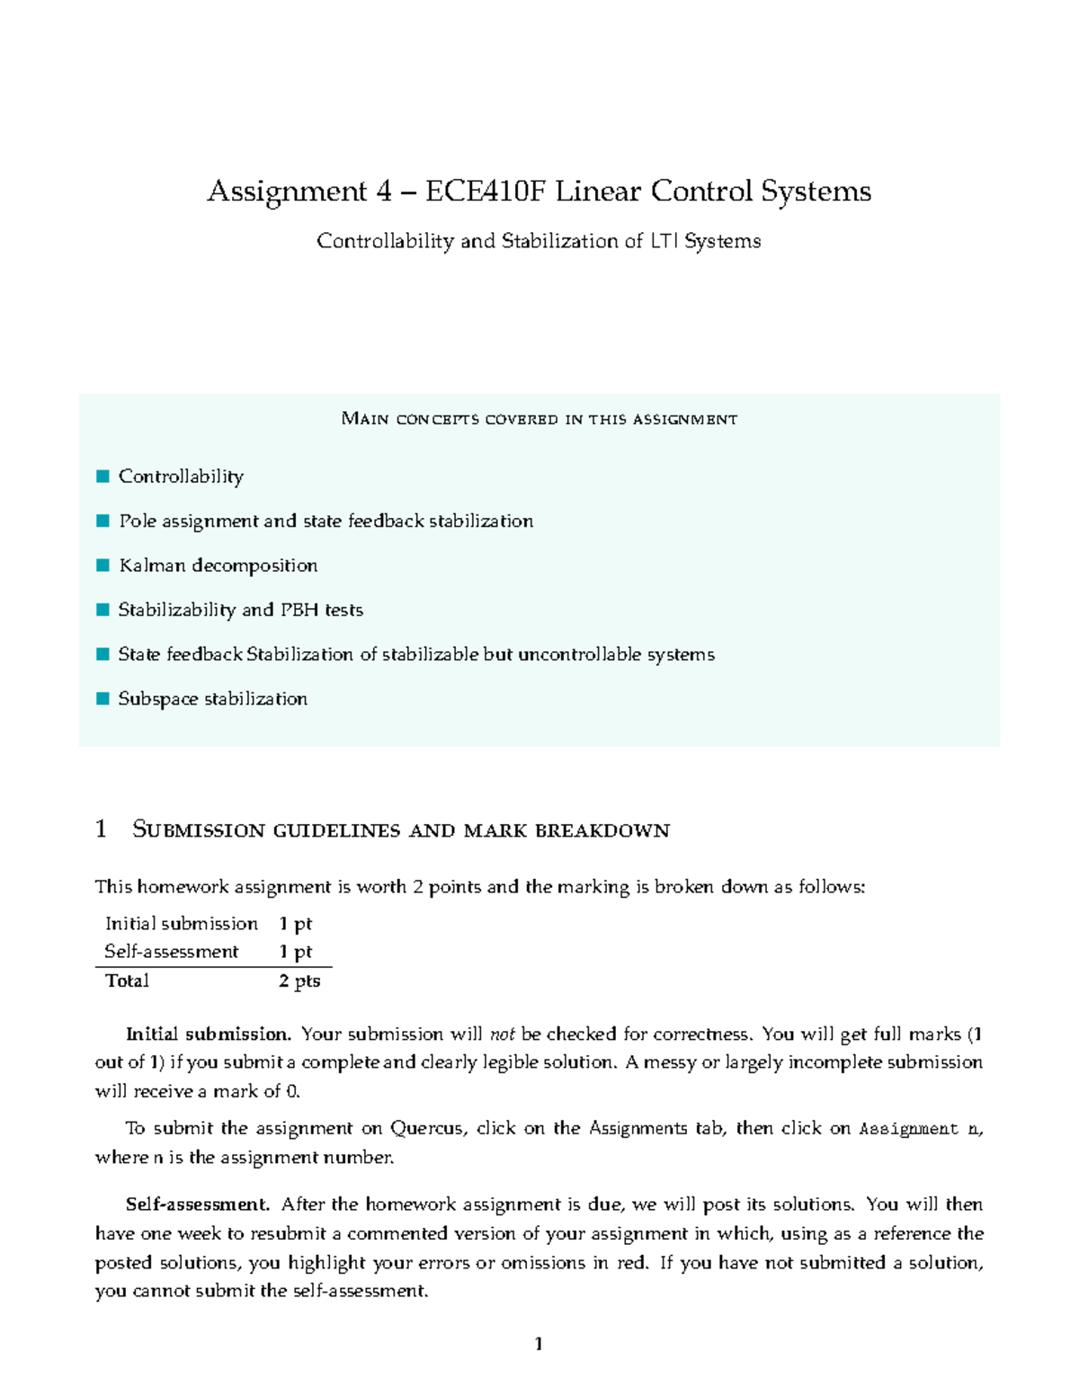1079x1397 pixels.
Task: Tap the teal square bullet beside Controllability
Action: (103, 476)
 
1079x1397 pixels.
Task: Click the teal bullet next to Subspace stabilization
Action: (103, 699)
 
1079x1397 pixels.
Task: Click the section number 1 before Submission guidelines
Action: (101, 829)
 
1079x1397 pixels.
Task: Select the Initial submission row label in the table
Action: (181, 924)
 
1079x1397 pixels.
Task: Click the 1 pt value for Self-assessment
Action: (295, 952)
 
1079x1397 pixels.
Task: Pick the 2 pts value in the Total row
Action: (299, 981)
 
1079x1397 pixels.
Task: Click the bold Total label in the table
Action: (127, 981)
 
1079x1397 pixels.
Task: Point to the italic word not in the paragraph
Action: (503, 1034)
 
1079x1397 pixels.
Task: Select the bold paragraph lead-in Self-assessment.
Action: (197, 1204)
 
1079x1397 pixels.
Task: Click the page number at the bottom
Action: (539, 1344)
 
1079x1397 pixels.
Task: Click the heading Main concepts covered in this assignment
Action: (539, 419)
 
